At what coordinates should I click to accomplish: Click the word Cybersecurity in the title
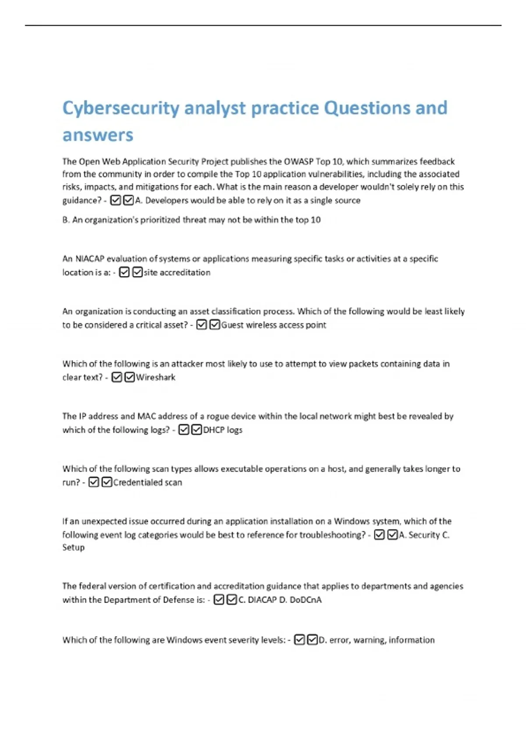pyautogui.click(x=121, y=108)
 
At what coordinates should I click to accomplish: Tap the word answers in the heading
pyautogui.click(x=97, y=135)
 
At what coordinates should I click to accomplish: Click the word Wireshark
pyautogui.click(x=156, y=377)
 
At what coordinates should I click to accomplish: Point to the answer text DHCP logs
pyautogui.click(x=222, y=430)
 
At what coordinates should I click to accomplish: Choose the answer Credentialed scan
pyautogui.click(x=147, y=482)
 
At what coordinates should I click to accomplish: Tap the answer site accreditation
pyautogui.click(x=177, y=273)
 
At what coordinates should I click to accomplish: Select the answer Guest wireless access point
pyautogui.click(x=274, y=325)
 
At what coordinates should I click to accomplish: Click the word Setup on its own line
pyautogui.click(x=73, y=547)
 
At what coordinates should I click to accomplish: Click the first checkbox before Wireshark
pyautogui.click(x=117, y=377)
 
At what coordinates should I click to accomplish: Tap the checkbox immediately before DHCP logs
pyautogui.click(x=197, y=430)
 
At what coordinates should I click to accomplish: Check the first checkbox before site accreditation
pyautogui.click(x=124, y=273)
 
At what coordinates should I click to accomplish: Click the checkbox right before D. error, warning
pyautogui.click(x=312, y=640)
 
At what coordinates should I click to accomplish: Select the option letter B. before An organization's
pyautogui.click(x=66, y=220)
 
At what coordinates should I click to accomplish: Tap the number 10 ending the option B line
pyautogui.click(x=316, y=220)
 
